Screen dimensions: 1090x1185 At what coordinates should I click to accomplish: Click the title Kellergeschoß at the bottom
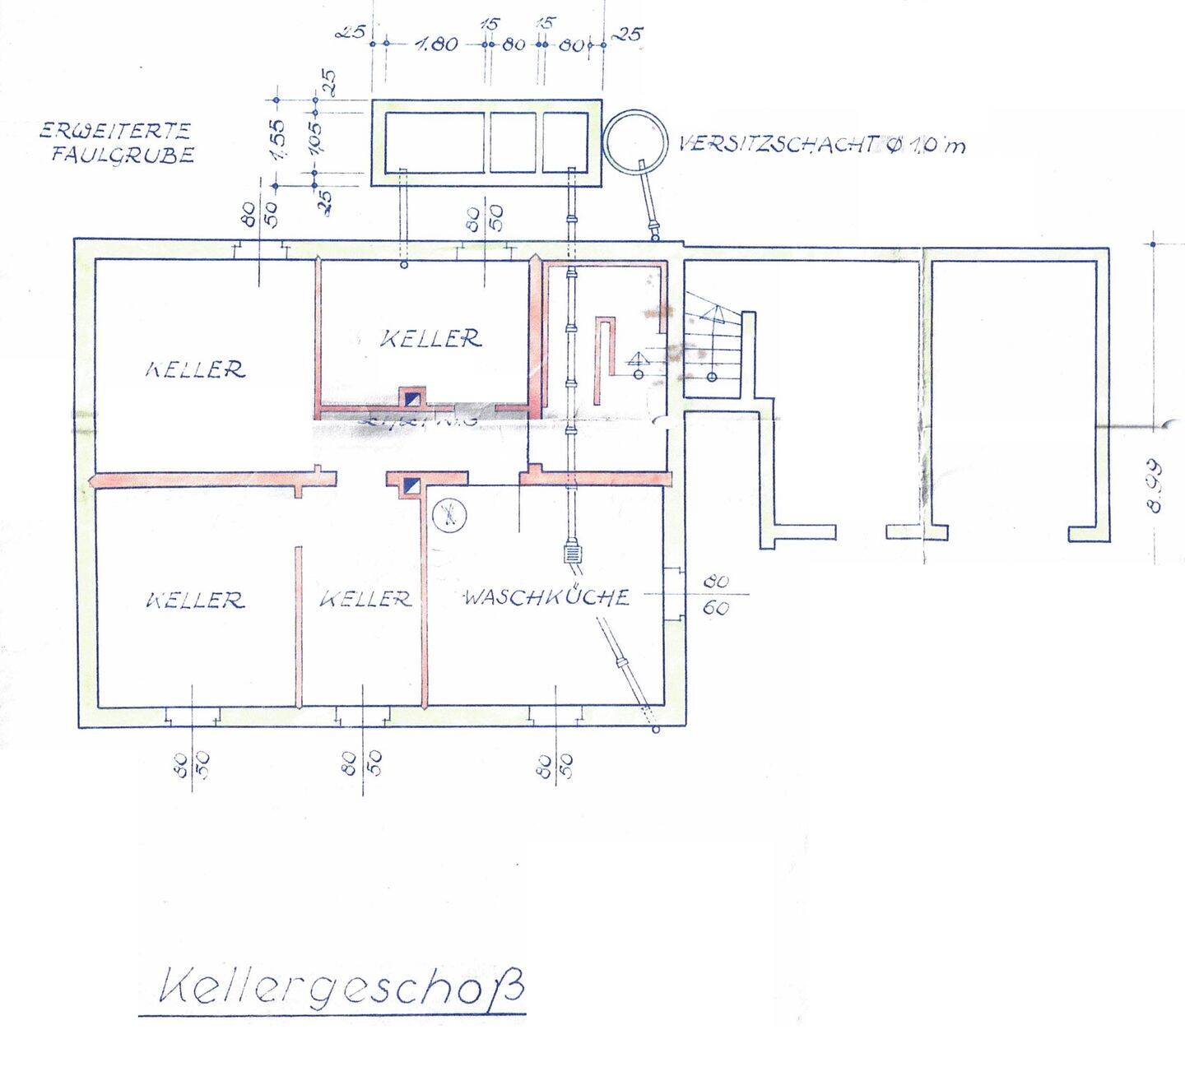[x=339, y=988]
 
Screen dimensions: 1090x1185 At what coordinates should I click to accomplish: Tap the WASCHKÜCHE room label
[x=546, y=596]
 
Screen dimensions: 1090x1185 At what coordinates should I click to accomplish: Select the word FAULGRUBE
[x=122, y=155]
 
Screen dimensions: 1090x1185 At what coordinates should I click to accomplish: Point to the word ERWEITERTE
[x=115, y=131]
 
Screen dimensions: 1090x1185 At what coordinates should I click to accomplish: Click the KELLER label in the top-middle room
[x=430, y=337]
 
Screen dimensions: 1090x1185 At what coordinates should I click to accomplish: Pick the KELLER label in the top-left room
[x=195, y=369]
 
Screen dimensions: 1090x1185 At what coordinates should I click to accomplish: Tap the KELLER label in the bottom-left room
[x=195, y=600]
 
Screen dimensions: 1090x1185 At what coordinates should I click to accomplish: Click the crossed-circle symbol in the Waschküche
[x=449, y=516]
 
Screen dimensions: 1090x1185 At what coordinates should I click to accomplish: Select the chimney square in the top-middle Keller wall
[x=411, y=398]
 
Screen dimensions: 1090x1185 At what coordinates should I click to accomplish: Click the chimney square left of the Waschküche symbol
[x=411, y=485]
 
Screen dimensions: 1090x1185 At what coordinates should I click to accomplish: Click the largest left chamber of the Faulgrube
[x=434, y=141]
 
